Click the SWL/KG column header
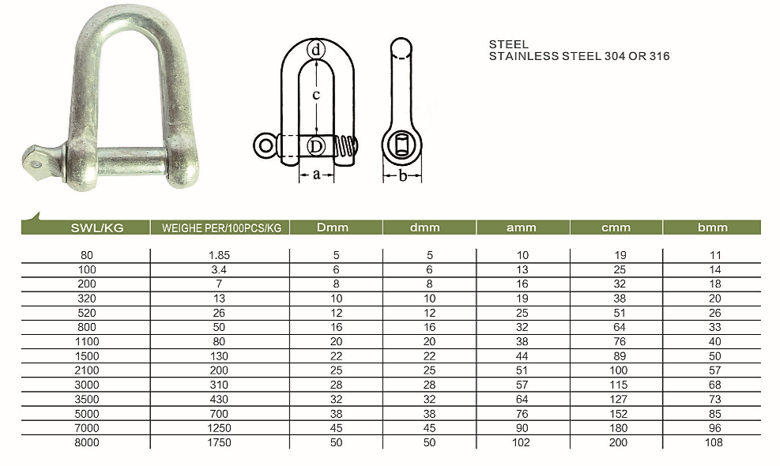(97, 227)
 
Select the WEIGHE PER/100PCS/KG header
(221, 228)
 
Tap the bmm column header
(712, 227)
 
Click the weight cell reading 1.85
(220, 255)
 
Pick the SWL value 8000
(87, 442)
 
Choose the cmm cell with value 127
(618, 400)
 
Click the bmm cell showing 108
(714, 442)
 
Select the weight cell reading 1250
(220, 428)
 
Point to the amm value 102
(522, 442)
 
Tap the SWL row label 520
(87, 313)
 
